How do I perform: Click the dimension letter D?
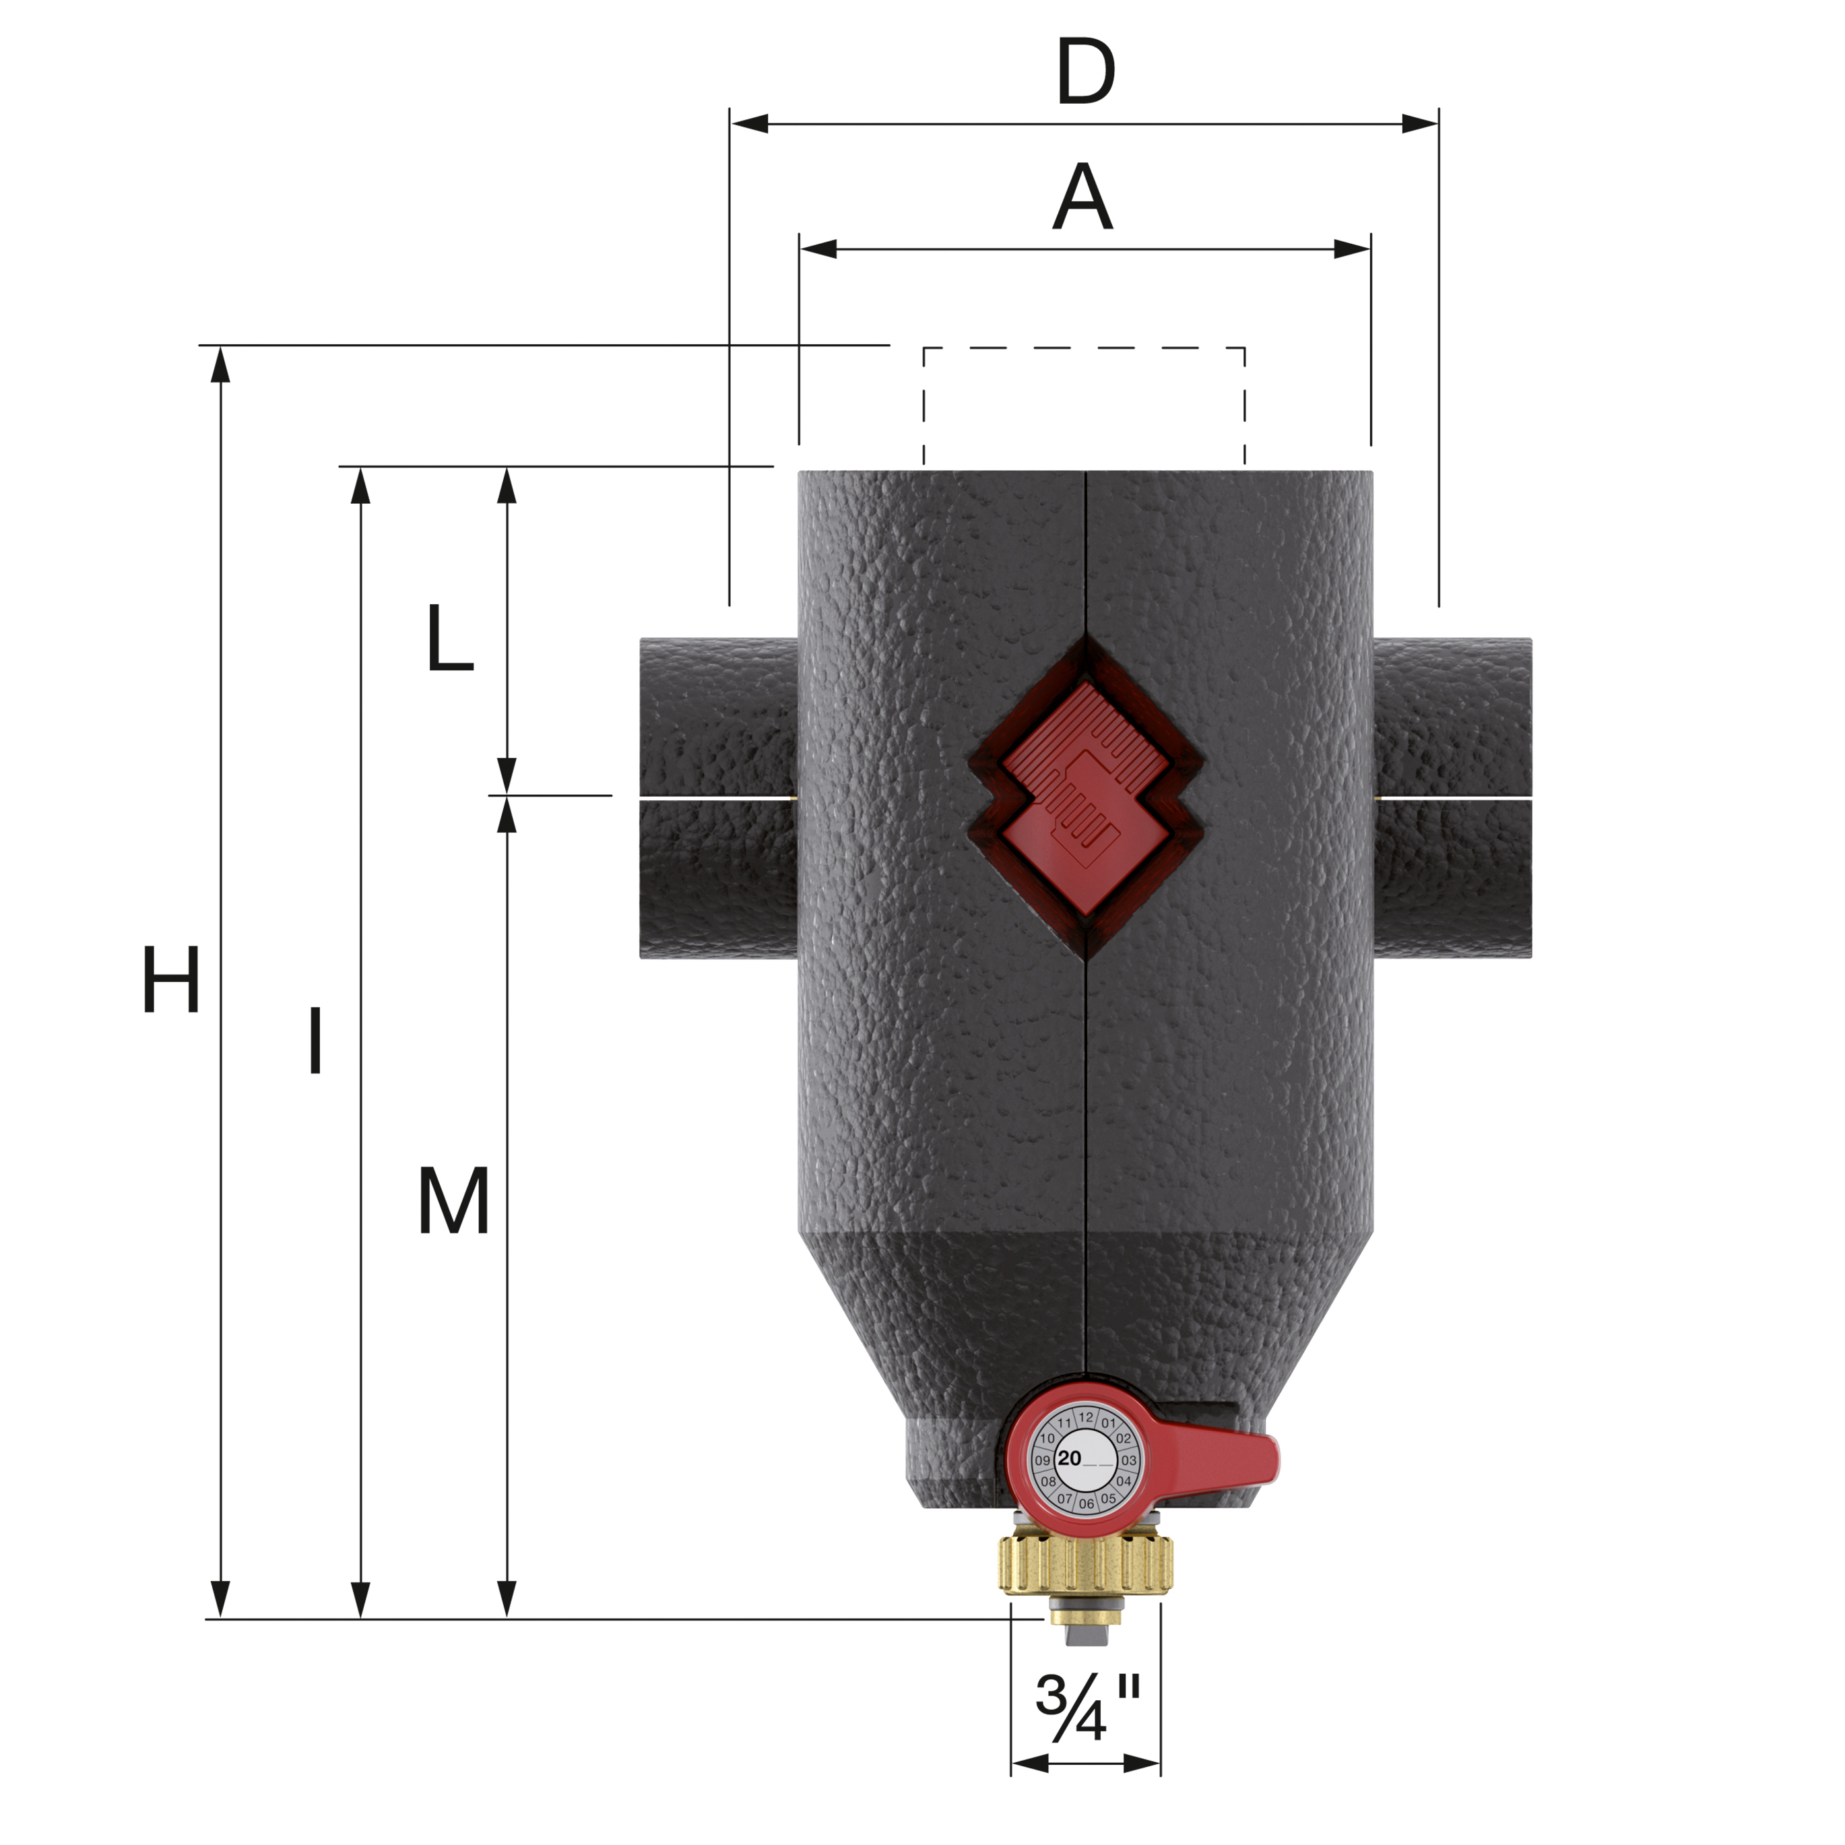pos(1086,73)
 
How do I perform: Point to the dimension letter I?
pos(315,1040)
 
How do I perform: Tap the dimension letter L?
pos(450,638)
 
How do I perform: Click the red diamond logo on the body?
pos(1086,796)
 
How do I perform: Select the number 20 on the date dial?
pos(1070,1458)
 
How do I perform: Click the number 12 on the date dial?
pos(1086,1417)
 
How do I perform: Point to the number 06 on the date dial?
pos(1087,1503)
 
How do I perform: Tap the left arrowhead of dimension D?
pos(750,123)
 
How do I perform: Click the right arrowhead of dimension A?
pos(1352,249)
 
